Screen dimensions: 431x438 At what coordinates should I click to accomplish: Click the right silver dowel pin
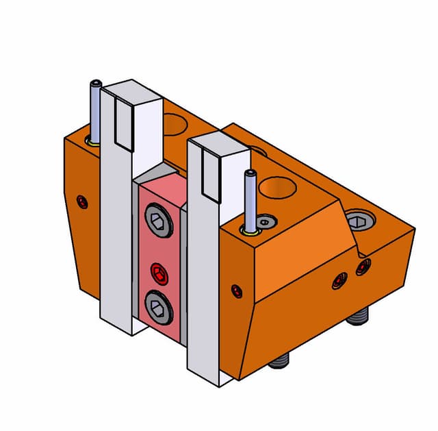251,199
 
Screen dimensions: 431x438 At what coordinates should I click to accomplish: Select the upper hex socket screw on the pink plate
157,221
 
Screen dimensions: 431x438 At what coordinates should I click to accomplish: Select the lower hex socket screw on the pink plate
157,306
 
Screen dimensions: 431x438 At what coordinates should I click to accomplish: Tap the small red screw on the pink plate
159,274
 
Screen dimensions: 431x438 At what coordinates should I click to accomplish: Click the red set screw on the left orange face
83,202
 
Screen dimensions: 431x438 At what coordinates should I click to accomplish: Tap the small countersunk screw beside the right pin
266,221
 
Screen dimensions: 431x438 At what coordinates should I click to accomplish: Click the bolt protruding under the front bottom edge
280,360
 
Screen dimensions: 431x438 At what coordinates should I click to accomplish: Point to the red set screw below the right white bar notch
237,291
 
